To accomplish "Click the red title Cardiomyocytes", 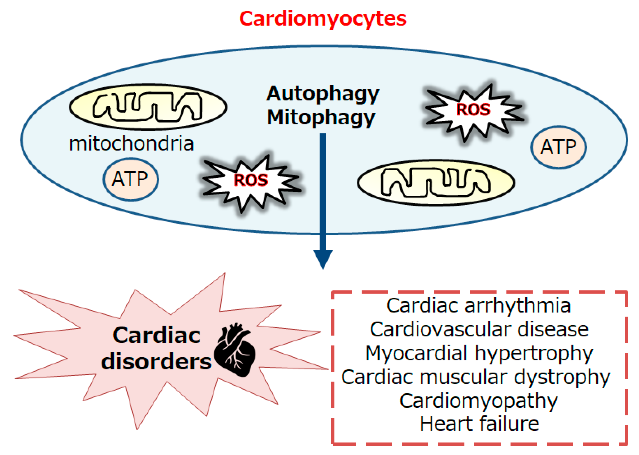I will click(x=322, y=19).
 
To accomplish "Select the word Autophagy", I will click(x=322, y=94).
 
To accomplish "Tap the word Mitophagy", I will click(x=321, y=118).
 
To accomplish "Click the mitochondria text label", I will click(x=132, y=144).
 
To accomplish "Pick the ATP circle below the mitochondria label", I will click(x=131, y=179).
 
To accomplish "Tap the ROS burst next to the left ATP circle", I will click(x=250, y=180).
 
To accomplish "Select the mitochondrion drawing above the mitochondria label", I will click(x=148, y=107).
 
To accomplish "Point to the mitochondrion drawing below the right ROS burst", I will click(x=436, y=183).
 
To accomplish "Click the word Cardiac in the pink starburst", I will click(x=156, y=335).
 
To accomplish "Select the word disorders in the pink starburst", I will click(x=156, y=362).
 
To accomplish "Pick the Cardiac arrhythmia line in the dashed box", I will click(x=478, y=306).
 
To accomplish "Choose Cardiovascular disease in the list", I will click(x=479, y=329).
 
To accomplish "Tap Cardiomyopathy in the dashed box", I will click(x=478, y=401).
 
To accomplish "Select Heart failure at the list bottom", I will click(x=479, y=424).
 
